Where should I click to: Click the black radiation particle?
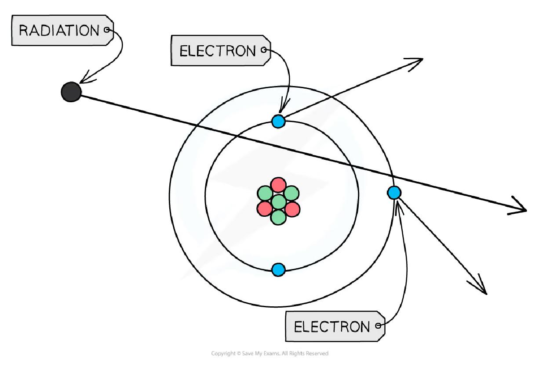[x=71, y=92]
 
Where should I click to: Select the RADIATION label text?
[x=59, y=31]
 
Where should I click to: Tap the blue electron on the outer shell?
[x=394, y=192]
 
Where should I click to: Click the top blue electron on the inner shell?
[x=278, y=121]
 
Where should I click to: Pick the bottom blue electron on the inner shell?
[x=278, y=269]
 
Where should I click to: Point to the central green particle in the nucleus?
[x=278, y=202]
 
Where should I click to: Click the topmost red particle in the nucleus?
[x=278, y=185]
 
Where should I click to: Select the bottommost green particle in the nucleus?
[x=278, y=217]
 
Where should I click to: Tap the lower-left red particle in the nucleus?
[x=264, y=208]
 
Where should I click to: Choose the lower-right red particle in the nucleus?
[x=292, y=208]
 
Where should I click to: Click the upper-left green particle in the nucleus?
[x=265, y=194]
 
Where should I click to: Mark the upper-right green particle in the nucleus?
[x=291, y=193]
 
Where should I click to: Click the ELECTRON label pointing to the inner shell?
[x=217, y=51]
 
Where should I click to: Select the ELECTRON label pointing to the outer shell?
[x=332, y=327]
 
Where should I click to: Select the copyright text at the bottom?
[x=269, y=353]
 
